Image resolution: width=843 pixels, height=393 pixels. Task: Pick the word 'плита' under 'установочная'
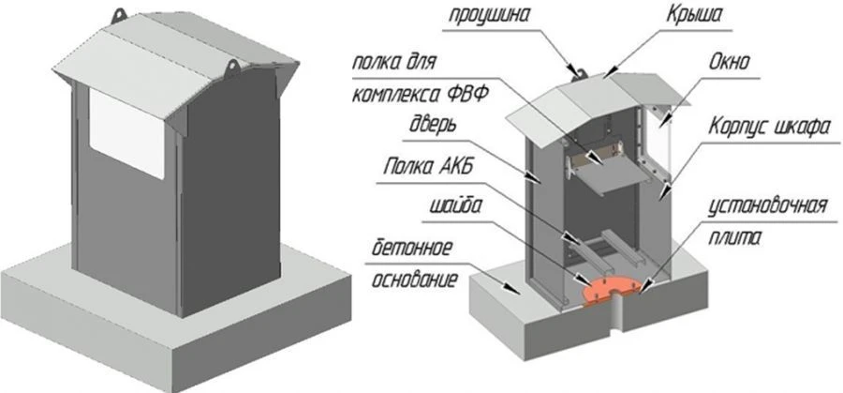point(774,238)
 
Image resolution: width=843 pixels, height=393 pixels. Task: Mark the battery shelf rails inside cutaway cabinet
point(599,246)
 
